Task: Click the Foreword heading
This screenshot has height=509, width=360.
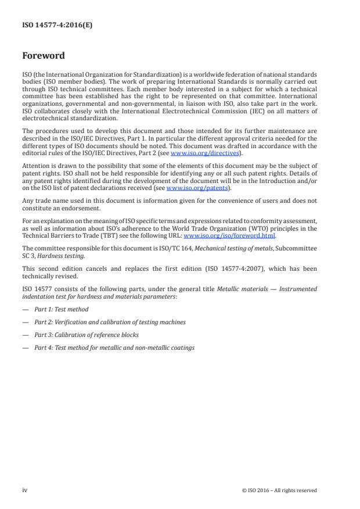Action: coord(43,56)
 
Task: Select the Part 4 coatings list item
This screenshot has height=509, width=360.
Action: coord(114,347)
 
